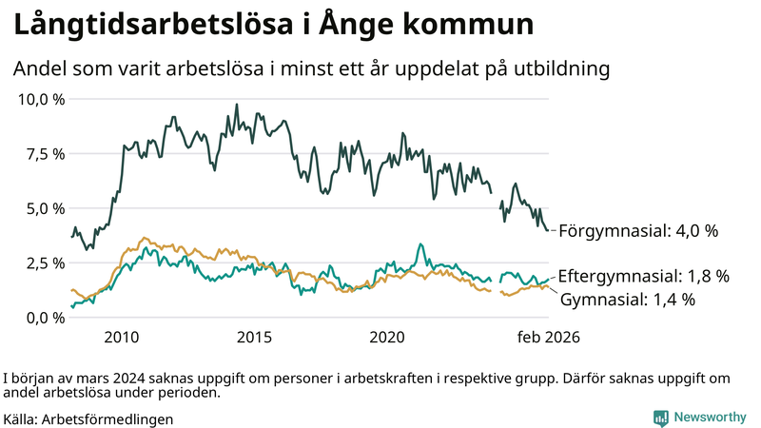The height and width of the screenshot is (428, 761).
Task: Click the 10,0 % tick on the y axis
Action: tap(41, 99)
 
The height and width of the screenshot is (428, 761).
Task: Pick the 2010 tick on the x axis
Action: tap(123, 338)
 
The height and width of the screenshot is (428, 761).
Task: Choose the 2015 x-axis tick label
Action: tap(255, 338)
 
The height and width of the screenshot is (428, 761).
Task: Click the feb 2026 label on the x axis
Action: tap(548, 338)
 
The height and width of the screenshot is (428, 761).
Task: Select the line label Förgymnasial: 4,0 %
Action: tap(637, 231)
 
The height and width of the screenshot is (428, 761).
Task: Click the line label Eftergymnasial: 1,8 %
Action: tap(643, 277)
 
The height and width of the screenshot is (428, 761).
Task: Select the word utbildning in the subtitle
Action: tap(556, 69)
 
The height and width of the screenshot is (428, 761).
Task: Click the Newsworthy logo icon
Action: tap(660, 417)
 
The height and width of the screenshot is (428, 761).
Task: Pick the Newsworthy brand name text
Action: tap(710, 417)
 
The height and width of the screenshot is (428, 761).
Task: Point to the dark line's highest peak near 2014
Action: tap(236, 105)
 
